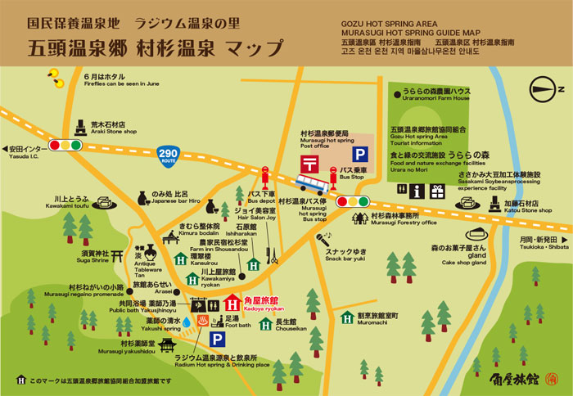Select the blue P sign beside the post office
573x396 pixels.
[x=359, y=153]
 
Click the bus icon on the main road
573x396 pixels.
[x=312, y=182]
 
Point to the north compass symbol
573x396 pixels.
[x=541, y=89]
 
